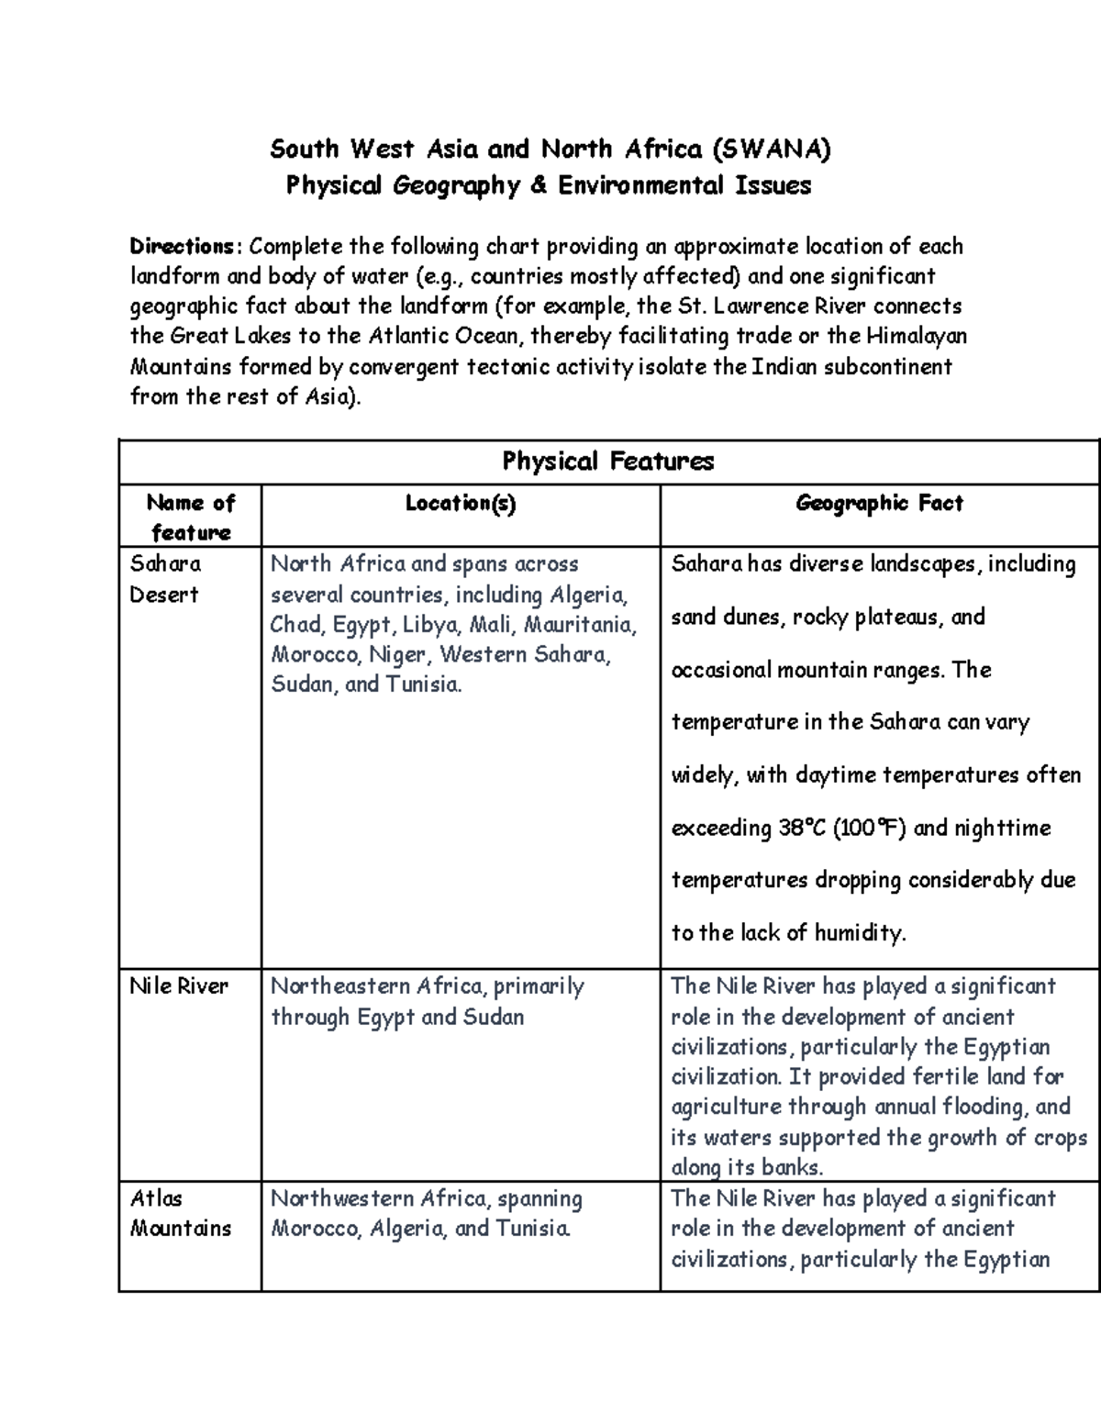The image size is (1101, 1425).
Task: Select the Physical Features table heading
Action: tap(607, 461)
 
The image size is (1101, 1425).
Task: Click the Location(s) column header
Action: tap(461, 503)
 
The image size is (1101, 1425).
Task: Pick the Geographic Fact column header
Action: tap(879, 503)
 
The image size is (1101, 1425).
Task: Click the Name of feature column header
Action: tap(191, 517)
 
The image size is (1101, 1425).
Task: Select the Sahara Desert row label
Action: tap(165, 578)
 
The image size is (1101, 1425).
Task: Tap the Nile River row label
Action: tap(179, 986)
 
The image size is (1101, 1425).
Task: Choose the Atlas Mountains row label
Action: tap(180, 1213)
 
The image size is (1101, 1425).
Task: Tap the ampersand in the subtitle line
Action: tap(537, 185)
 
